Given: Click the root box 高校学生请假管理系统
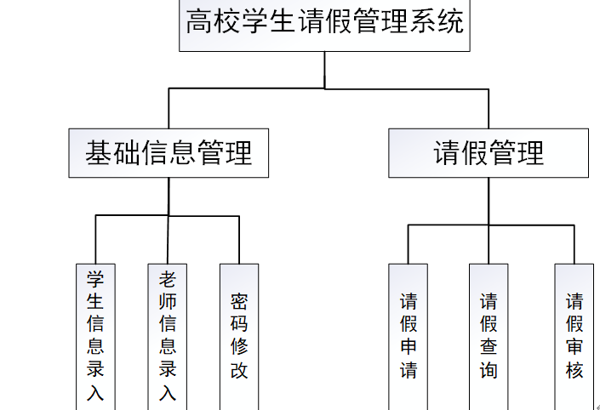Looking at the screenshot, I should [x=325, y=25].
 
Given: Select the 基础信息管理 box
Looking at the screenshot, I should [x=169, y=153].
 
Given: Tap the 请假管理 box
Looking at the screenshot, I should [x=489, y=153].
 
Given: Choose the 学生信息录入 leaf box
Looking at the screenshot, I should [x=94, y=336].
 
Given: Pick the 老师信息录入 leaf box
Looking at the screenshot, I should [x=168, y=336].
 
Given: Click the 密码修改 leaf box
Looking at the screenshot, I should [x=239, y=336].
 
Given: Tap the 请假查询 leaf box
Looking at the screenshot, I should [x=489, y=336].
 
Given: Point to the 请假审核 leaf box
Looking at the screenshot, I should [x=574, y=336].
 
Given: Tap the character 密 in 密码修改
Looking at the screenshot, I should [x=239, y=301].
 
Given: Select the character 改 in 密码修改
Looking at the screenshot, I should [x=239, y=371].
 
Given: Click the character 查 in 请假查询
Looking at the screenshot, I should [x=489, y=348].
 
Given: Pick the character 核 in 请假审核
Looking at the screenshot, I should [x=574, y=371].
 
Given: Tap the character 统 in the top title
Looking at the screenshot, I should [x=451, y=22].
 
